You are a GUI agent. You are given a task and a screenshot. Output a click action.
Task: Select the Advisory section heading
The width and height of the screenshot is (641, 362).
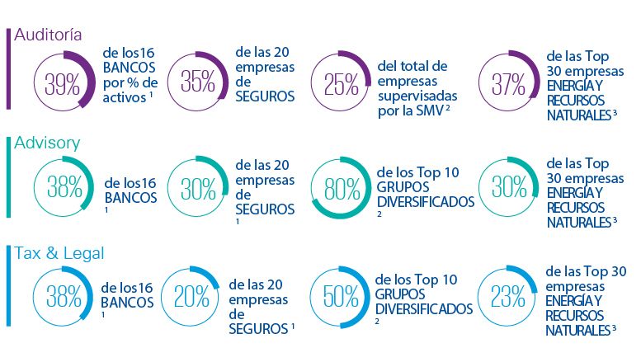[x=47, y=143]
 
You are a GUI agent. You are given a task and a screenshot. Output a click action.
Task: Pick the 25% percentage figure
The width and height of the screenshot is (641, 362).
[x=340, y=83]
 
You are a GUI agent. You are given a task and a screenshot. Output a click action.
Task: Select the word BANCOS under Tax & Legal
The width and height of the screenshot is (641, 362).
[x=127, y=302]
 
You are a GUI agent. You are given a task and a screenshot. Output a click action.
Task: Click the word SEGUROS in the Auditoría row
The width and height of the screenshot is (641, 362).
[x=265, y=97]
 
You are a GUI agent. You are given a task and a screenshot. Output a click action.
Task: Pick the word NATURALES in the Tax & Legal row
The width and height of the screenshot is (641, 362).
[x=577, y=330]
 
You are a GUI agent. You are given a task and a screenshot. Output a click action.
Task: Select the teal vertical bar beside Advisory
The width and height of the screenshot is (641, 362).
[x=7, y=181]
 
